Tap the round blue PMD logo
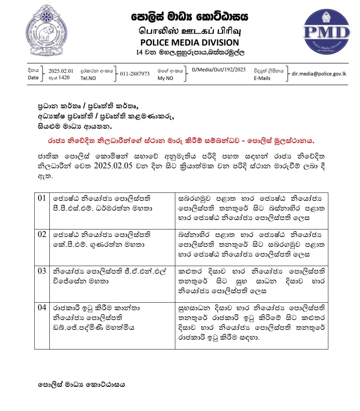pyautogui.click(x=326, y=32)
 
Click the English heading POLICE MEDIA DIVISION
pyautogui.click(x=190, y=42)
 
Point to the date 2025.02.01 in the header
pyautogui.click(x=61, y=71)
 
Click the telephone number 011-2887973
pyautogui.click(x=135, y=74)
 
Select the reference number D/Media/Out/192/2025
pyautogui.click(x=219, y=69)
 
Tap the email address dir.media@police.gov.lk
pyautogui.click(x=319, y=74)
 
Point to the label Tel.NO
pyautogui.click(x=88, y=78)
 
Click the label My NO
pyautogui.click(x=165, y=78)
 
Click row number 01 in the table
pyautogui.click(x=42, y=198)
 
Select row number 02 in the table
pyautogui.click(x=42, y=234)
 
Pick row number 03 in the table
pyautogui.click(x=42, y=271)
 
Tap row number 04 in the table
pyautogui.click(x=42, y=307)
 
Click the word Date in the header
pyautogui.click(x=33, y=78)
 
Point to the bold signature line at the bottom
pyautogui.click(x=81, y=385)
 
